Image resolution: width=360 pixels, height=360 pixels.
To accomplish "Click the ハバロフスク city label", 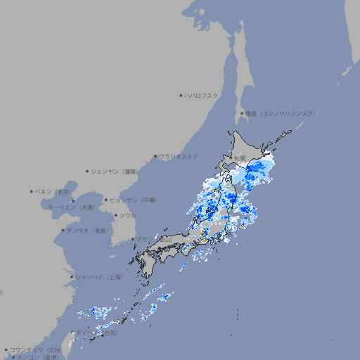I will coord(202,95).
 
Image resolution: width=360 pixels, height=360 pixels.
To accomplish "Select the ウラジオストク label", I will coord(179,156).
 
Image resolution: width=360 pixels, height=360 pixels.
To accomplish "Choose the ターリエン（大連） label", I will coord(71,207).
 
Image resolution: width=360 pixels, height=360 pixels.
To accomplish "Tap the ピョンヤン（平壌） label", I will coord(135,200).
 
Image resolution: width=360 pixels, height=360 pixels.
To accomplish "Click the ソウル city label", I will coord(128,215).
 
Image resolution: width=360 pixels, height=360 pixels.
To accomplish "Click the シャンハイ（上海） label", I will coord(98,277).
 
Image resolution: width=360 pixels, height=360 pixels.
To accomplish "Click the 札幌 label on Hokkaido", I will coord(240,157).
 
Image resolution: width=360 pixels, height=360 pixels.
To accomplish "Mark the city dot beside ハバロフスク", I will coord(181,95).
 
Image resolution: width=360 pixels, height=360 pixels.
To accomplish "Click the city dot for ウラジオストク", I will coord(155,156).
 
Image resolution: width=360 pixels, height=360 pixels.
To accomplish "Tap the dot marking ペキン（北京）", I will coord(32,191).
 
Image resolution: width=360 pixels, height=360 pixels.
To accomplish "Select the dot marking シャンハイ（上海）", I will coord(72,277).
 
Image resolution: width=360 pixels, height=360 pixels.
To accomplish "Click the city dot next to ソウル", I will coord(115,215).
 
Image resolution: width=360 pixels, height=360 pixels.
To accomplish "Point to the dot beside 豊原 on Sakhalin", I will coord(242,113).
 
